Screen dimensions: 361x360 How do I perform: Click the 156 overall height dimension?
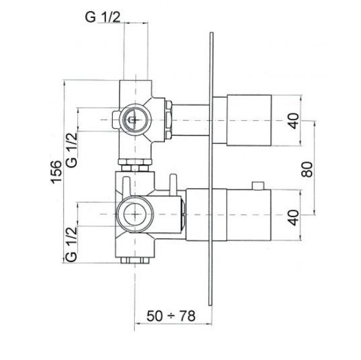point(56,172)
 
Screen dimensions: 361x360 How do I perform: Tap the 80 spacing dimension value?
point(307,169)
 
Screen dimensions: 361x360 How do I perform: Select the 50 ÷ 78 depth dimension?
point(171,316)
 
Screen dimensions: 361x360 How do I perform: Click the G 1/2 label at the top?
point(103,17)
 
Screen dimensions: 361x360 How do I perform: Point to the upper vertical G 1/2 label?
point(72,150)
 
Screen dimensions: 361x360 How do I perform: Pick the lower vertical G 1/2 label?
point(71,244)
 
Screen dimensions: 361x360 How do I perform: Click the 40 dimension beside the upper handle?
point(293,121)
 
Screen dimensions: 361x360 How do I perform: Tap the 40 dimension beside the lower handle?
point(293,218)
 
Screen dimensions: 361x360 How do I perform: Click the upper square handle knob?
point(249,120)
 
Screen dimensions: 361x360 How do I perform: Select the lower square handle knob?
point(249,215)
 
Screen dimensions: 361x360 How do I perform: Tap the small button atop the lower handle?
point(258,186)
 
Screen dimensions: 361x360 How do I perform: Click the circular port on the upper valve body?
point(135,120)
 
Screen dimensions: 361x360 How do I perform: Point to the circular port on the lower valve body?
point(135,214)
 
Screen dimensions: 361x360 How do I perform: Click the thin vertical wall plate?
point(211,169)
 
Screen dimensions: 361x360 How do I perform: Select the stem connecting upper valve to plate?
point(191,120)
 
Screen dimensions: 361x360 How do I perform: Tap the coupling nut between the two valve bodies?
point(135,165)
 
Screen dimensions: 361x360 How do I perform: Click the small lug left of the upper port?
point(116,120)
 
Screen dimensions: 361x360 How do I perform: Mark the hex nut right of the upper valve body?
point(169,120)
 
